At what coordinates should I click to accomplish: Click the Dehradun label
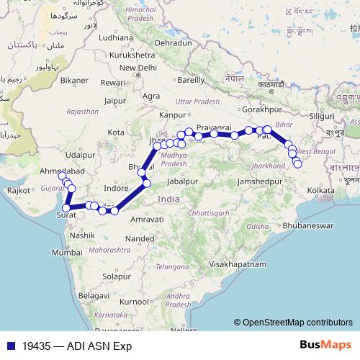(x=174, y=43)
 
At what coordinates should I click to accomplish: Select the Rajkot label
(x=19, y=190)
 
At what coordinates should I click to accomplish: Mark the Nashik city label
(x=83, y=234)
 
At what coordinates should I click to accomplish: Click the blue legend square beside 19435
(x=9, y=345)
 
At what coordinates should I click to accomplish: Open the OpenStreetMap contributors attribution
(x=297, y=322)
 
